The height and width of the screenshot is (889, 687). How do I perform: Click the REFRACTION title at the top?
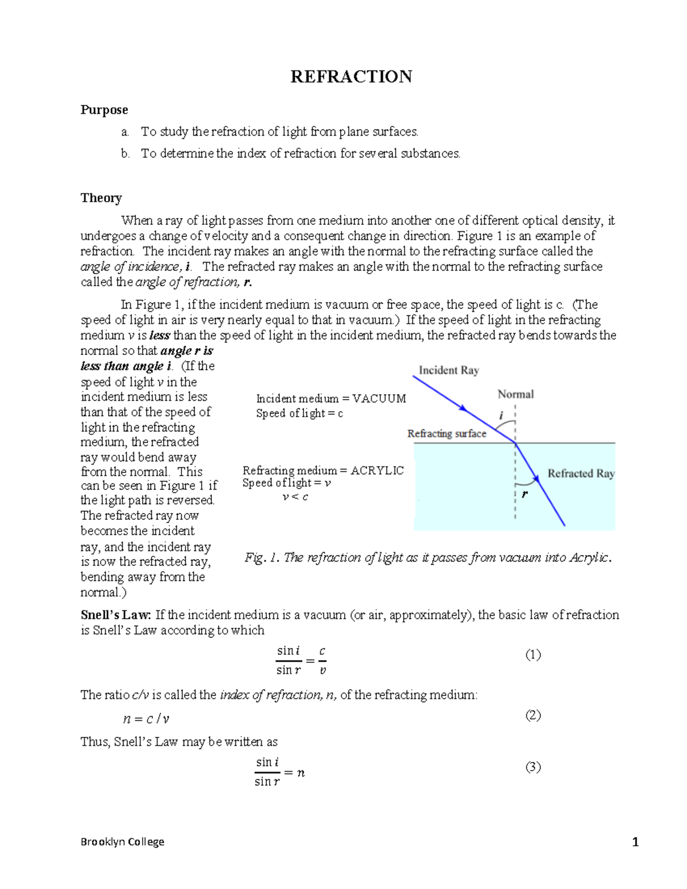(x=351, y=77)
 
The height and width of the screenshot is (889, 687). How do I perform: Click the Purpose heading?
(x=104, y=110)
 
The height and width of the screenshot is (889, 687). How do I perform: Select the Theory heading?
(x=101, y=198)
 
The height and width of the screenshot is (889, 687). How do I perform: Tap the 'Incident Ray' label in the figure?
(x=449, y=370)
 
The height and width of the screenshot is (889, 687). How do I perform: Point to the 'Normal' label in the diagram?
(x=515, y=394)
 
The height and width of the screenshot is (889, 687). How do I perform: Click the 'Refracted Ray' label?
(x=581, y=473)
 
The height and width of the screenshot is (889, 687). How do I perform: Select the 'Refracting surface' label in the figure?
(x=447, y=434)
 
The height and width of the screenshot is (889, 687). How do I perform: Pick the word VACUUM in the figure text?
(x=378, y=399)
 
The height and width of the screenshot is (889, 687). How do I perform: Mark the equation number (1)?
(x=533, y=655)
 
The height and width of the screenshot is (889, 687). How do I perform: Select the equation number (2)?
(x=533, y=715)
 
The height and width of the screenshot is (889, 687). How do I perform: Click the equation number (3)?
(x=533, y=767)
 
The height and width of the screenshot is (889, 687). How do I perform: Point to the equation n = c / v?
(x=147, y=719)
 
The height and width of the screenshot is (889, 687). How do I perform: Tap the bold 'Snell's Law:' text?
(x=116, y=615)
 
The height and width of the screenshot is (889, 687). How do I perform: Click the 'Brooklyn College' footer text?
(x=123, y=841)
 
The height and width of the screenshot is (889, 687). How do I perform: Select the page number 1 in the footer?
(x=635, y=842)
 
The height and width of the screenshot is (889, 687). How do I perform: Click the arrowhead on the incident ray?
(x=464, y=409)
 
